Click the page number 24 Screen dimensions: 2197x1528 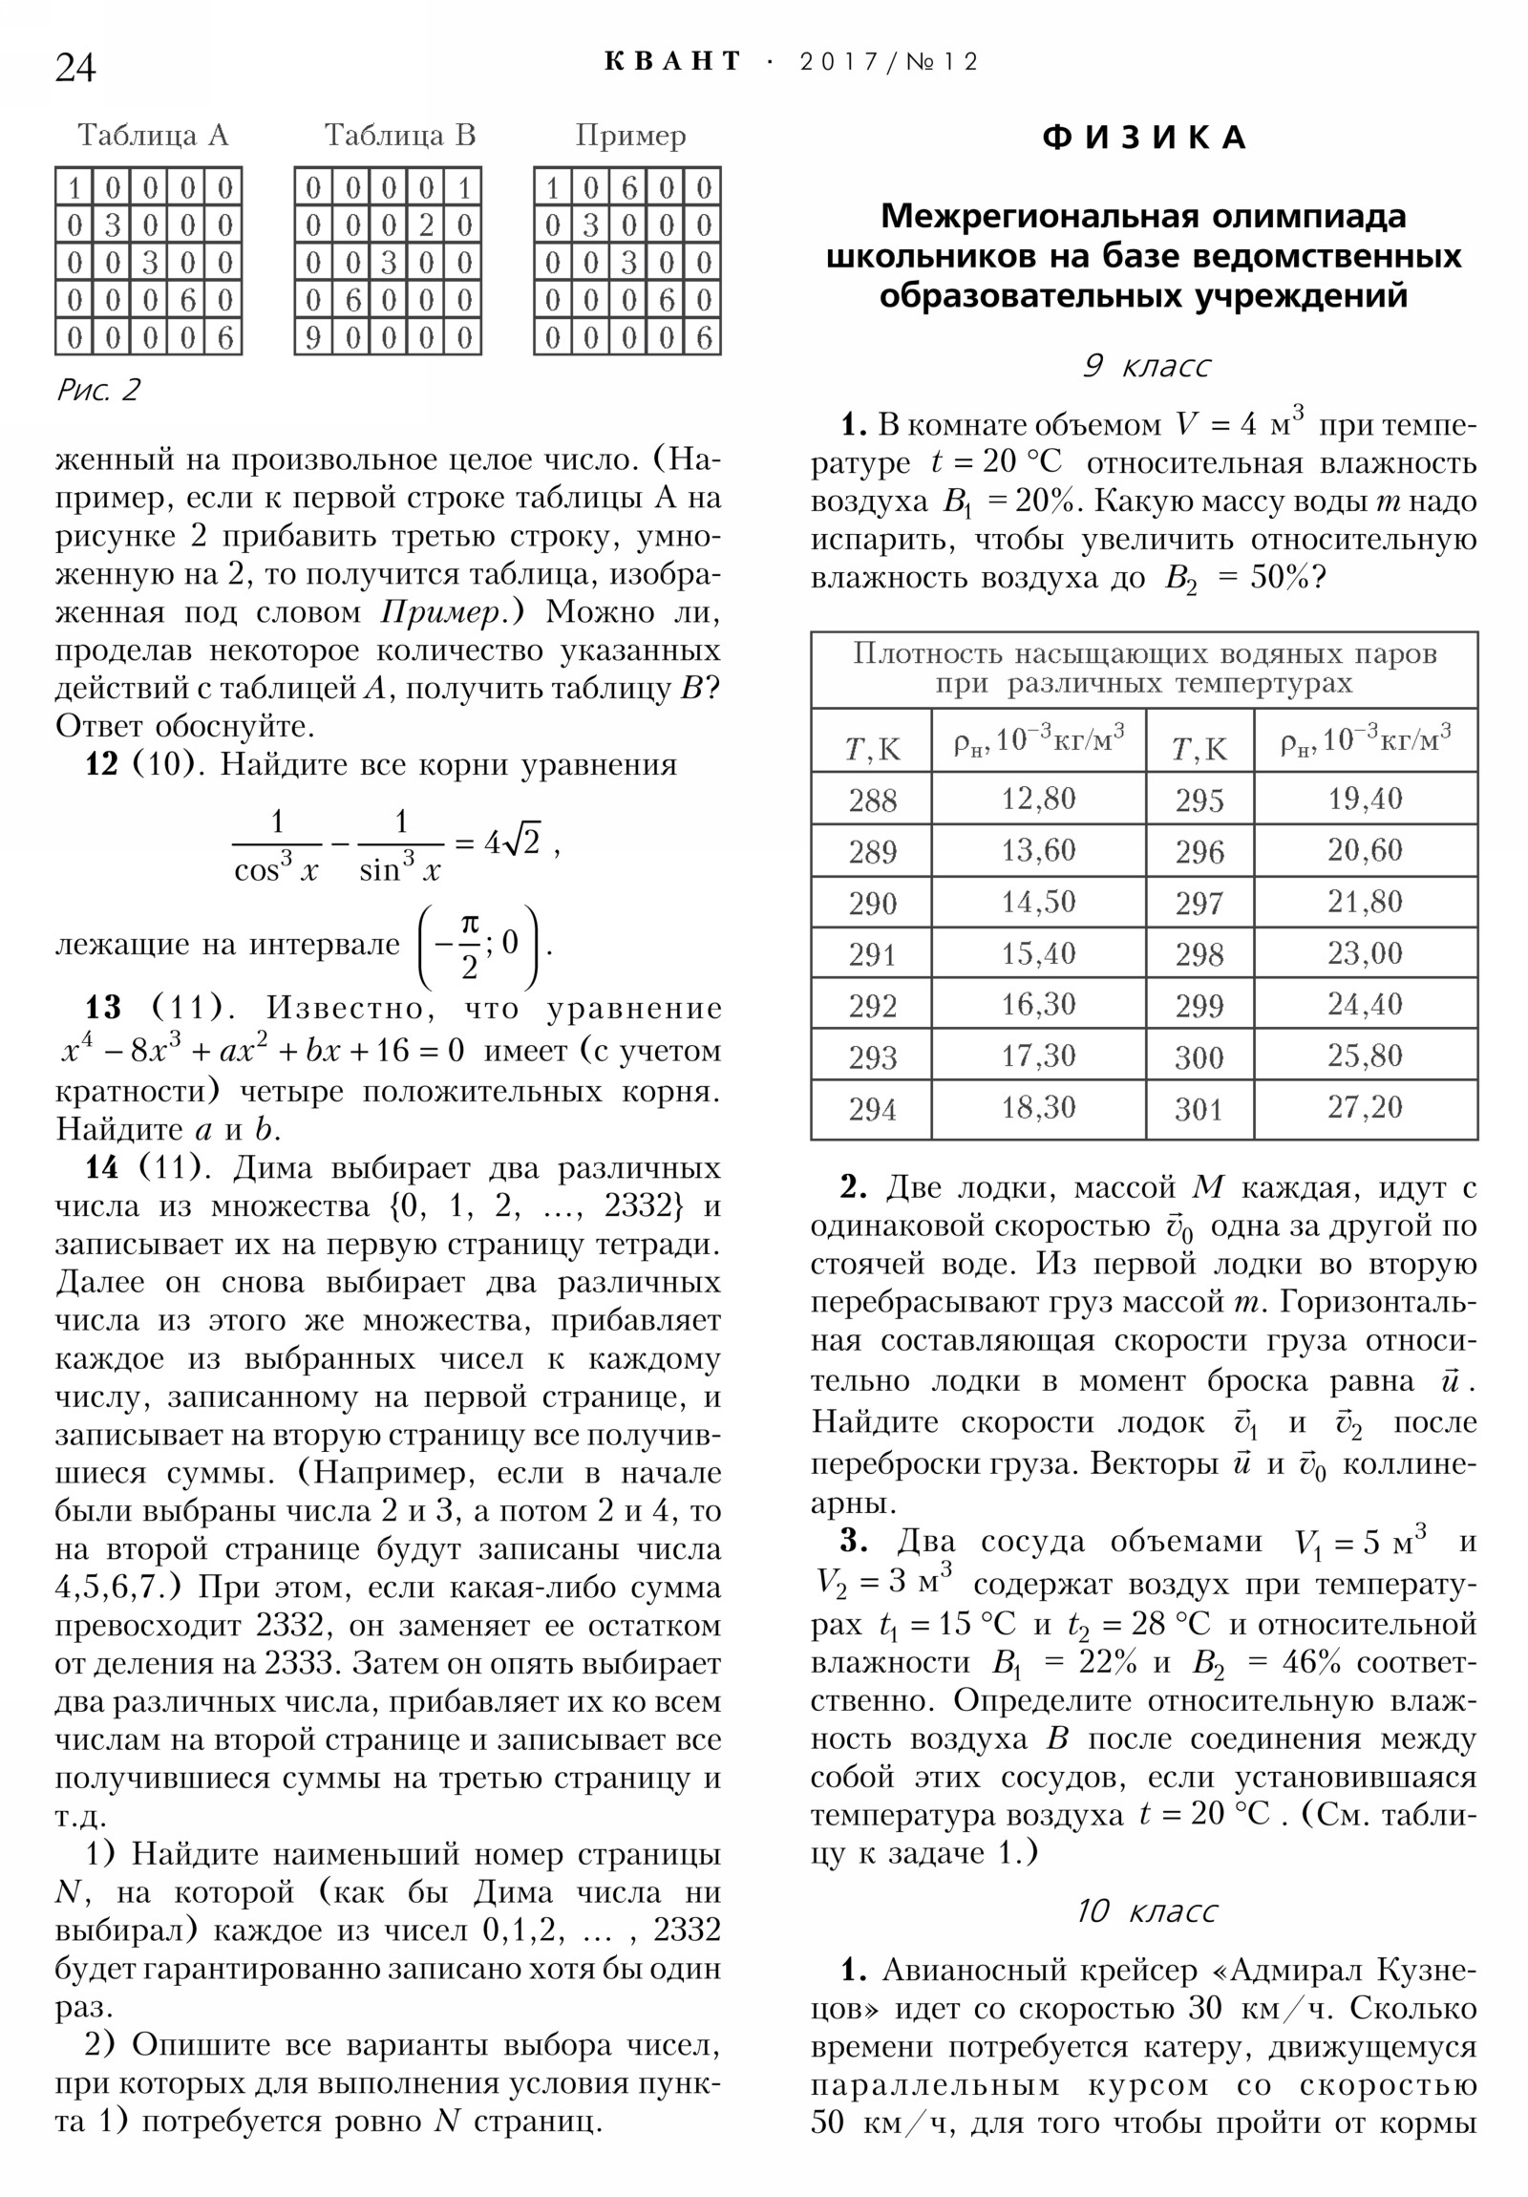(x=75, y=68)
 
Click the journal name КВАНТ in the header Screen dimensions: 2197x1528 (x=672, y=62)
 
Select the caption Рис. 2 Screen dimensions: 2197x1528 (x=97, y=390)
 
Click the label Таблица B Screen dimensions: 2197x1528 (x=399, y=135)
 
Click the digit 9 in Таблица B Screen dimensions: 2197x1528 (x=313, y=339)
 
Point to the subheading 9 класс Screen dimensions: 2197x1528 (x=1145, y=366)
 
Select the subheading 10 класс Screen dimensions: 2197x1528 (x=1145, y=1909)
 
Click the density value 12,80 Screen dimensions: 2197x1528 (x=1038, y=798)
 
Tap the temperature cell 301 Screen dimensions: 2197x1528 (x=1199, y=1109)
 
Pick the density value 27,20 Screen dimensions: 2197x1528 (x=1365, y=1107)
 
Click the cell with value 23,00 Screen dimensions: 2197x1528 (x=1365, y=953)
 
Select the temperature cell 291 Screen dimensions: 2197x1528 (x=872, y=954)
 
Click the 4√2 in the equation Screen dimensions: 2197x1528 (x=512, y=843)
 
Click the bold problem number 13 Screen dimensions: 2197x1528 (x=104, y=1008)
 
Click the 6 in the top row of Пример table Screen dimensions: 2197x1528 (x=628, y=188)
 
